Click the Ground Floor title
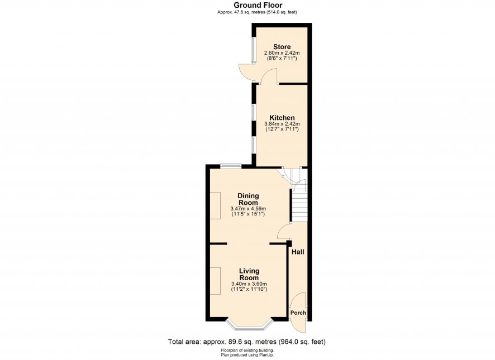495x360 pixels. pyautogui.click(x=258, y=5)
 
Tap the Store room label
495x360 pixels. pyautogui.click(x=282, y=47)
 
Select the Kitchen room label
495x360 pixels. pyautogui.click(x=282, y=118)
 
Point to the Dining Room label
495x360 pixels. pyautogui.click(x=248, y=199)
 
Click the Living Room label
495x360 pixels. pyautogui.click(x=249, y=274)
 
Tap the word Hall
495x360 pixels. pyautogui.click(x=298, y=252)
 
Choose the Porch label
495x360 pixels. pyautogui.click(x=298, y=313)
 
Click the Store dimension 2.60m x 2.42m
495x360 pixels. pyautogui.click(x=282, y=53)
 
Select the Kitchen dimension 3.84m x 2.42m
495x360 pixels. pyautogui.click(x=282, y=124)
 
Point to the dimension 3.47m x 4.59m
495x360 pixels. pyautogui.click(x=248, y=209)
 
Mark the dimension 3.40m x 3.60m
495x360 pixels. pyautogui.click(x=249, y=284)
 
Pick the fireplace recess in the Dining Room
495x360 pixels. pyautogui.click(x=216, y=205)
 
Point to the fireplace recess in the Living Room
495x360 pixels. pyautogui.click(x=216, y=281)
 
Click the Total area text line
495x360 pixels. pyautogui.click(x=246, y=342)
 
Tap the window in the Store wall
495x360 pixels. pyautogui.click(x=254, y=50)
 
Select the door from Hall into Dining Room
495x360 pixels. pyautogui.click(x=283, y=231)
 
